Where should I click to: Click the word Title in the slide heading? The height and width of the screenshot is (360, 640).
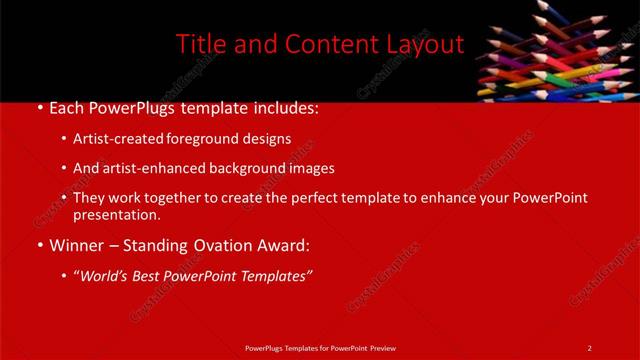click(x=201, y=44)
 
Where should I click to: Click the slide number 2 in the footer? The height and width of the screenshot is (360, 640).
click(x=590, y=347)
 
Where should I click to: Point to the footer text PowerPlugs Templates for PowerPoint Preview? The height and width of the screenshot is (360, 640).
click(x=319, y=347)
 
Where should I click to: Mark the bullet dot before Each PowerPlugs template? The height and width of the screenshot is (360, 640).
click(x=38, y=109)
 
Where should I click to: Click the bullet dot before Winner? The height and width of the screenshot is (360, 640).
click(x=38, y=245)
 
